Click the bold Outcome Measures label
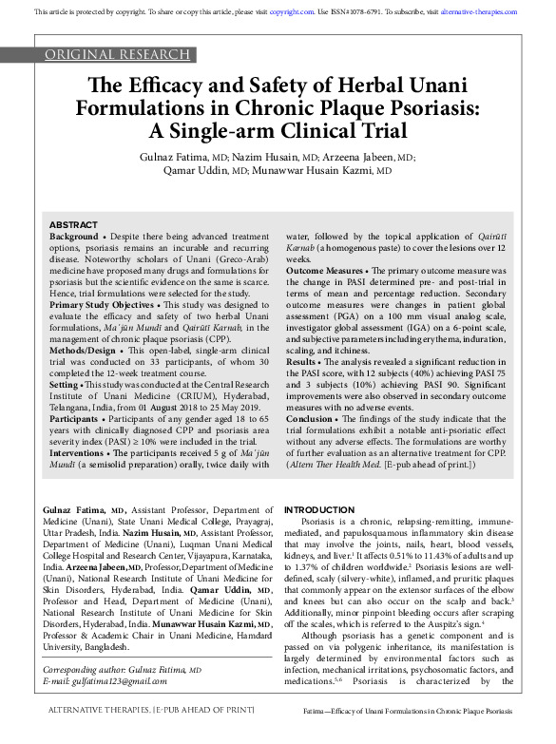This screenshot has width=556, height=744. click(325, 269)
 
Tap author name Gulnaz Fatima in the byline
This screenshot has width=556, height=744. click(181, 157)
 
